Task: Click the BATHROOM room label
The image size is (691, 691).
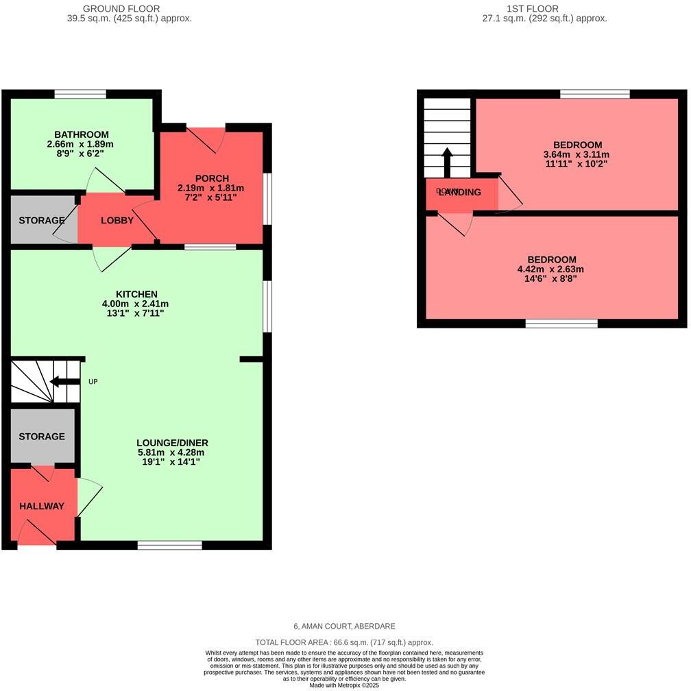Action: [82, 134]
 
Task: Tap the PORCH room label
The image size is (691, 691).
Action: [212, 178]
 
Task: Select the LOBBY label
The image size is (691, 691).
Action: [117, 220]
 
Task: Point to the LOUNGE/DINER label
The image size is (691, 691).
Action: [172, 442]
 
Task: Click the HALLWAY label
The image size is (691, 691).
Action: [41, 506]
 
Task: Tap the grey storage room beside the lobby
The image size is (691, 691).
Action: [41, 220]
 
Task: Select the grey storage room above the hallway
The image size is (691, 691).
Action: [42, 437]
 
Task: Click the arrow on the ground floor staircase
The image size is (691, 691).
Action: [65, 382]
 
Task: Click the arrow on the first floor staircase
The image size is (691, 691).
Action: [446, 162]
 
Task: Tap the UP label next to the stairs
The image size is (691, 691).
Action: [93, 381]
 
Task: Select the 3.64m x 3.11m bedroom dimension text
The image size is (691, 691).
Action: [577, 155]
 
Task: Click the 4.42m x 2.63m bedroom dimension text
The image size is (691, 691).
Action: [550, 269]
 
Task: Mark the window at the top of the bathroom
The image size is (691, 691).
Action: [81, 94]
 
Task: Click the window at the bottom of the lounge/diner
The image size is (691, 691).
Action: [169, 545]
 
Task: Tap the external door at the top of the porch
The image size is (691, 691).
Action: [206, 128]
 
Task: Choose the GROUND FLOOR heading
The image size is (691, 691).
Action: [121, 9]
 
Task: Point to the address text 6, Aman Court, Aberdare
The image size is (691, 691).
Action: [344, 626]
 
